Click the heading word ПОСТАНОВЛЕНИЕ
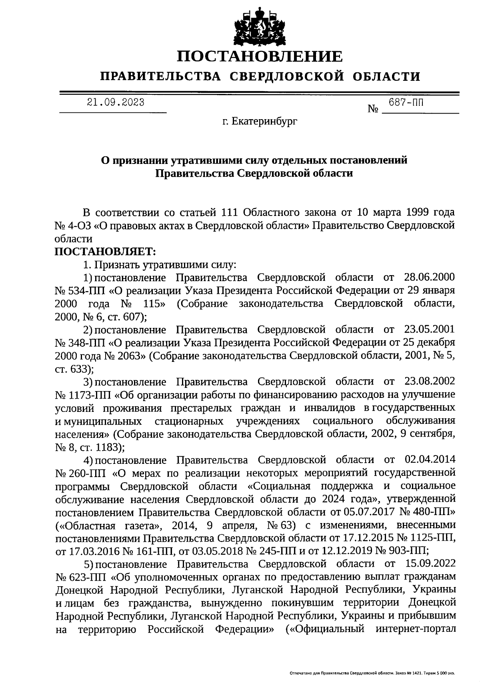tap(260, 56)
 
